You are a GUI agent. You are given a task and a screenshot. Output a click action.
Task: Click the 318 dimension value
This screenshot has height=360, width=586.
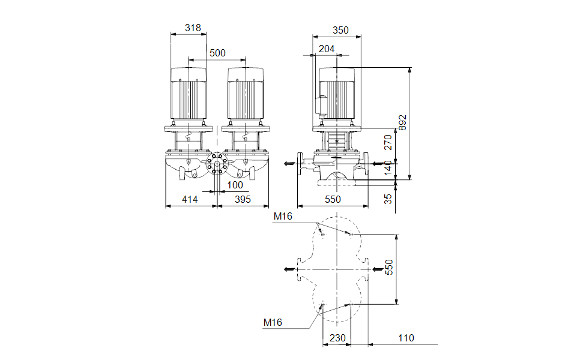(x=193, y=28)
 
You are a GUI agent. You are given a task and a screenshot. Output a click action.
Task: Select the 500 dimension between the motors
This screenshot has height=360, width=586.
(x=217, y=53)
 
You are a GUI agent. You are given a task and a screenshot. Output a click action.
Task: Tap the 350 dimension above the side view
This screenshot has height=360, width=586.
(x=340, y=30)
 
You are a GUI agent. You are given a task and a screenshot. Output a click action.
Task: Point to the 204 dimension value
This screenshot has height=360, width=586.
(x=327, y=49)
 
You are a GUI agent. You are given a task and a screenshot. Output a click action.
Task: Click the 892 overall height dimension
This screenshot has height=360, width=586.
(x=403, y=123)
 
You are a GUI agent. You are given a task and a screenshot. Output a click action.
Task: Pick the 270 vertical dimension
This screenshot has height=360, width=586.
(x=388, y=142)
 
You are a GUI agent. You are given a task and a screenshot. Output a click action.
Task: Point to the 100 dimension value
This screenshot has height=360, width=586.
(x=235, y=185)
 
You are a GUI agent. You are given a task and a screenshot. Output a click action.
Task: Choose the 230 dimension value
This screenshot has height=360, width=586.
(x=338, y=338)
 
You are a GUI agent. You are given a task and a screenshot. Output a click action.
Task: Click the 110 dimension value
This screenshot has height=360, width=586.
(x=406, y=338)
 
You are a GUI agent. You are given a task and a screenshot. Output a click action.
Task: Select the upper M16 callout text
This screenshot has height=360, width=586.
(x=283, y=216)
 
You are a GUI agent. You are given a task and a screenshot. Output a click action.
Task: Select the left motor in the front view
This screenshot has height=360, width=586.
(x=190, y=96)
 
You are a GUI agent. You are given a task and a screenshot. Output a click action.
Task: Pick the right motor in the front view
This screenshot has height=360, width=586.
(x=245, y=96)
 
